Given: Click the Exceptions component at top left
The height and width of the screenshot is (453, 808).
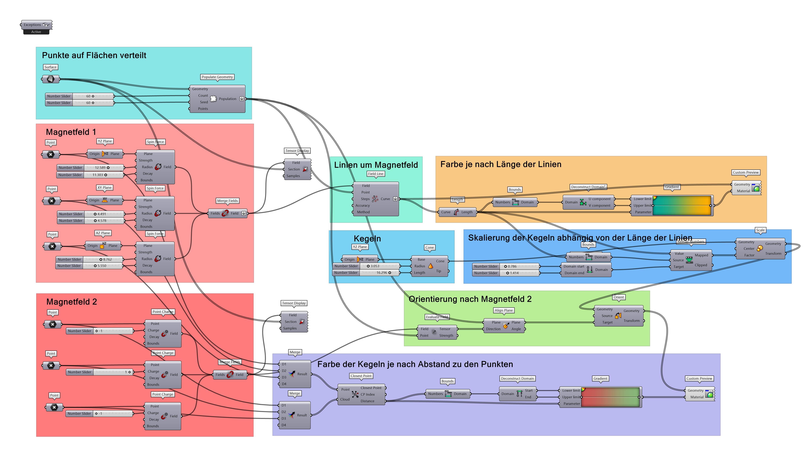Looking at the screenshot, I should (36, 25).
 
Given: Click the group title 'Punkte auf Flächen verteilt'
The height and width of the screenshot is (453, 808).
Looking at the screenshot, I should (94, 55).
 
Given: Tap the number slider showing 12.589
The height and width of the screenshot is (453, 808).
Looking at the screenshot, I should (103, 168).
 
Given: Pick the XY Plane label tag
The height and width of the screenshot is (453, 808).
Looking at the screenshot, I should (104, 188).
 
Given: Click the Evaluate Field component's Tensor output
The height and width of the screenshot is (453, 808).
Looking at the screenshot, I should (445, 329).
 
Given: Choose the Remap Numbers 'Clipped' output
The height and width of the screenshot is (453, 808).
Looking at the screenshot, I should (701, 265).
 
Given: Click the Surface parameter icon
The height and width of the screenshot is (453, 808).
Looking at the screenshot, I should (50, 79).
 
